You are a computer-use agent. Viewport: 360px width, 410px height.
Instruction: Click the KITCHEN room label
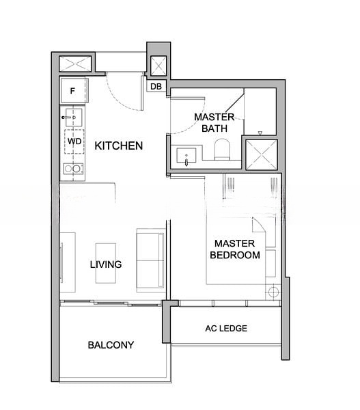pos(119,146)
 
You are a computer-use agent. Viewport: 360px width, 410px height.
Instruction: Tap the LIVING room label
pos(106,264)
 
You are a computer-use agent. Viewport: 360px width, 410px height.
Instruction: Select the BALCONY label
pos(111,345)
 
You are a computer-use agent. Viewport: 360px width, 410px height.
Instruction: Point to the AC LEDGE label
pos(226,328)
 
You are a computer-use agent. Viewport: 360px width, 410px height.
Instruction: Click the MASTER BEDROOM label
pos(235,249)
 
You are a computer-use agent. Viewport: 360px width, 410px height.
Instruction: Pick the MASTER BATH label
pos(214,122)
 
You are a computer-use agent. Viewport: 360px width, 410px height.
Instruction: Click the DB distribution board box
pos(156,86)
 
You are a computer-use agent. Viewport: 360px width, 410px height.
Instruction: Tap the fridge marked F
pos(73,91)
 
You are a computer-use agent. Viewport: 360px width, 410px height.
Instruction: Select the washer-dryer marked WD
pos(74,141)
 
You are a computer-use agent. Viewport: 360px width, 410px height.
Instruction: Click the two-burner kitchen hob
pos(73,169)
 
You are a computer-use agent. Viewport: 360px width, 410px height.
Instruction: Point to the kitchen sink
pos(74,118)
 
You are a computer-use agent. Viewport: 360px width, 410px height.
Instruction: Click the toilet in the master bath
pos(222,149)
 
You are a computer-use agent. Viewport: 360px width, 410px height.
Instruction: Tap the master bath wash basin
pos(186,156)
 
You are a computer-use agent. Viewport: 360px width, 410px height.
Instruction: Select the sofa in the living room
pos(150,260)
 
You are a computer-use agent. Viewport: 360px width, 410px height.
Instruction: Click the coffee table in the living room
pos(106,263)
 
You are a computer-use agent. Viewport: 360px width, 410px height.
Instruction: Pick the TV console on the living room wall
pos(68,262)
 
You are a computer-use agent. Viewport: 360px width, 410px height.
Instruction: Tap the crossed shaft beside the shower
pos(262,155)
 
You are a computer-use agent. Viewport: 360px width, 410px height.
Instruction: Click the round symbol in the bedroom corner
pos(273,292)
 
